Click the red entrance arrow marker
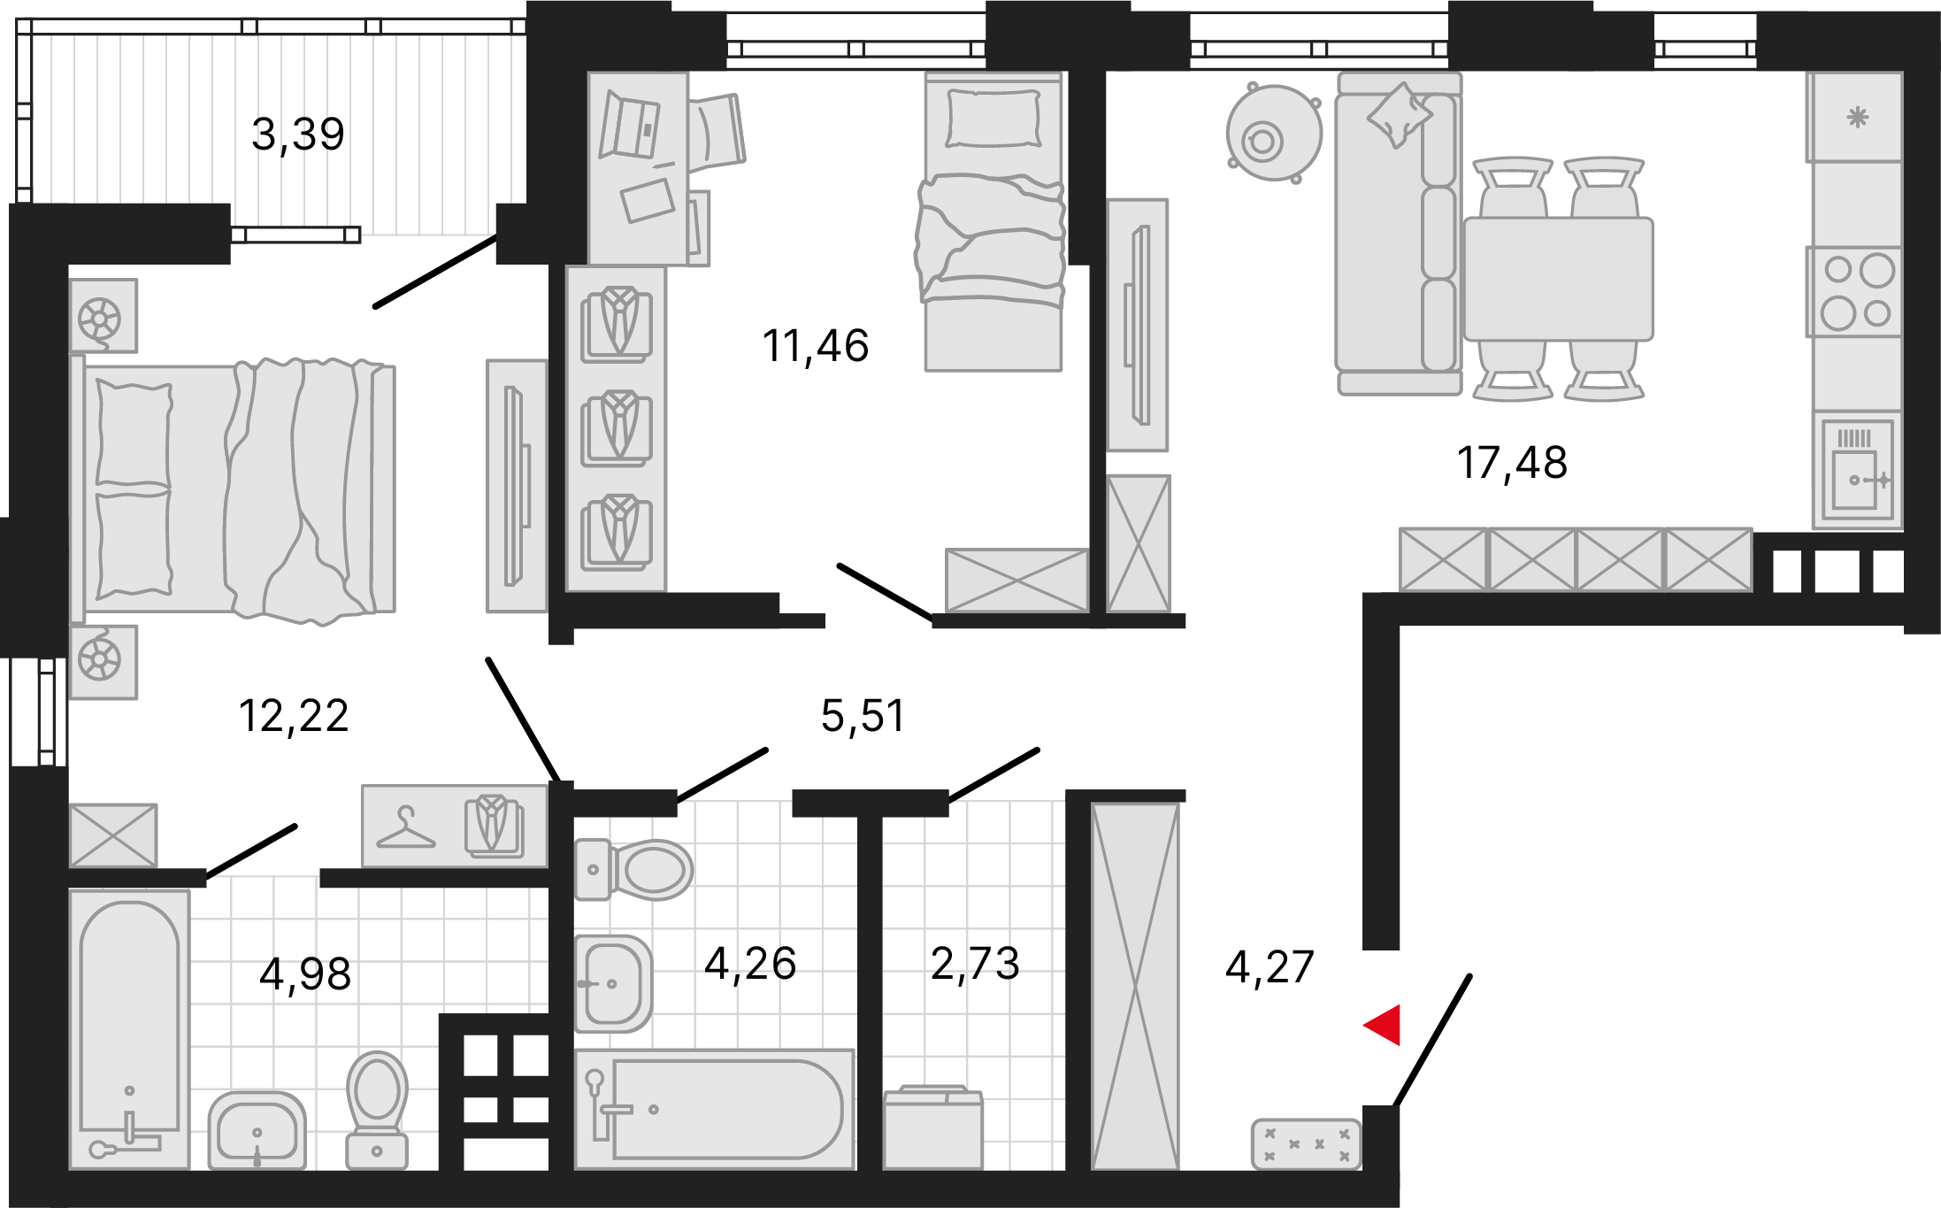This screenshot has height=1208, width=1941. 1383,1025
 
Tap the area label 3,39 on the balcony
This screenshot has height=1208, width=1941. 298,135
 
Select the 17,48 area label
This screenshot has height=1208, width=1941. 1512,463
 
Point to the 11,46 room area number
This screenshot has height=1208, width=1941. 816,345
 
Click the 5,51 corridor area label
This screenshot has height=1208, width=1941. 863,715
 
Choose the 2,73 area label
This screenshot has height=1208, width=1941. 975,963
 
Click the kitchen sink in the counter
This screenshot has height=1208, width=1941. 1857,468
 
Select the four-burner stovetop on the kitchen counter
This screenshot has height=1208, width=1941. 1856,292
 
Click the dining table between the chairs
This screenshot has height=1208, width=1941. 1559,279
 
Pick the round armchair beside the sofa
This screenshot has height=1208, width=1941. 1274,133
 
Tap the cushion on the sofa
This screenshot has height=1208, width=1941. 1399,114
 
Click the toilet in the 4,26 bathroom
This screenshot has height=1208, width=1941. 633,870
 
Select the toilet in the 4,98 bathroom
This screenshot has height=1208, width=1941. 378,1110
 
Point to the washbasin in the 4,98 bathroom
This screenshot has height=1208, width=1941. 257,1130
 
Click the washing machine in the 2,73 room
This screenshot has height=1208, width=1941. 932,1127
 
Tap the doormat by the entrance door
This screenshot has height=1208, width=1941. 1307,1144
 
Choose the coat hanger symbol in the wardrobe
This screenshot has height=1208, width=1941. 406,828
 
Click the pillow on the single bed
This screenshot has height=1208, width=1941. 994,119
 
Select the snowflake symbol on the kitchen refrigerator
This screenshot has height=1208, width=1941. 1858,117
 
